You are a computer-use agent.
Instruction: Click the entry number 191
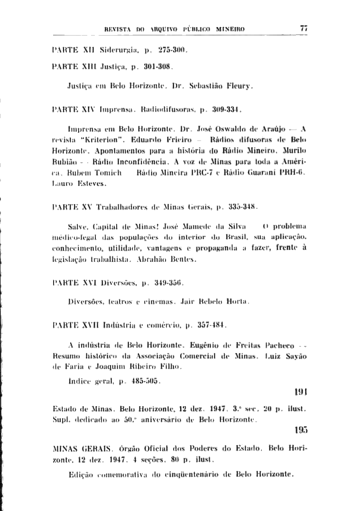coord(301,392)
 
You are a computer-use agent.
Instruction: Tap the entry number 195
coord(301,431)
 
